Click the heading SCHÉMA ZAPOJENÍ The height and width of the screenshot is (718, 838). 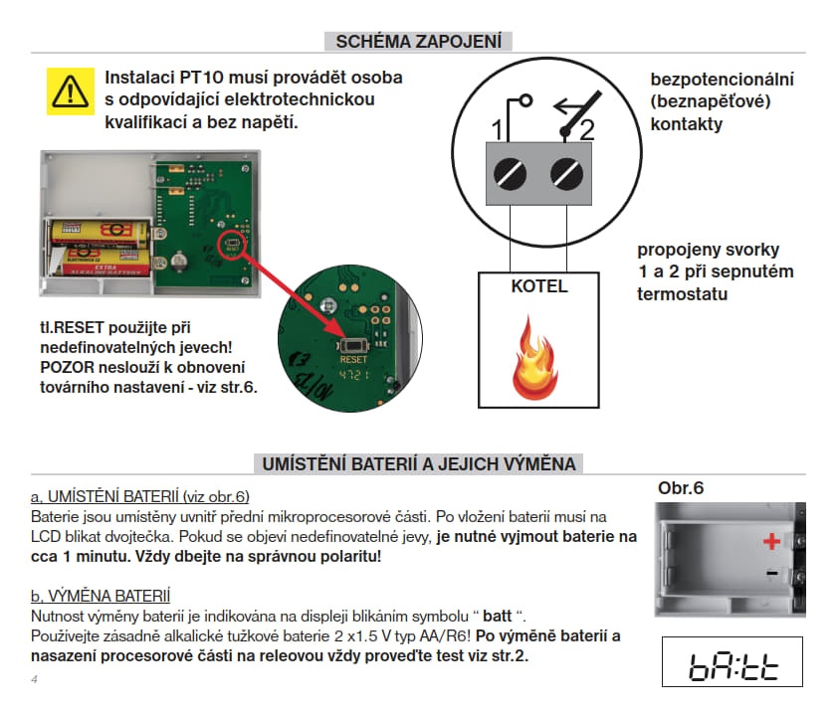tap(419, 41)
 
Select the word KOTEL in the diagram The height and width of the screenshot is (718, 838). tap(538, 286)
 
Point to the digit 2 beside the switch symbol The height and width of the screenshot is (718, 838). tap(586, 129)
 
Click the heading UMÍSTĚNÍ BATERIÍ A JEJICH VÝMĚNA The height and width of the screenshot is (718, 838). tap(419, 464)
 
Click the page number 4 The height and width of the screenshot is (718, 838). tap(34, 680)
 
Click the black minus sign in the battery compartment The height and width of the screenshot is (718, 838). tap(770, 574)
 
